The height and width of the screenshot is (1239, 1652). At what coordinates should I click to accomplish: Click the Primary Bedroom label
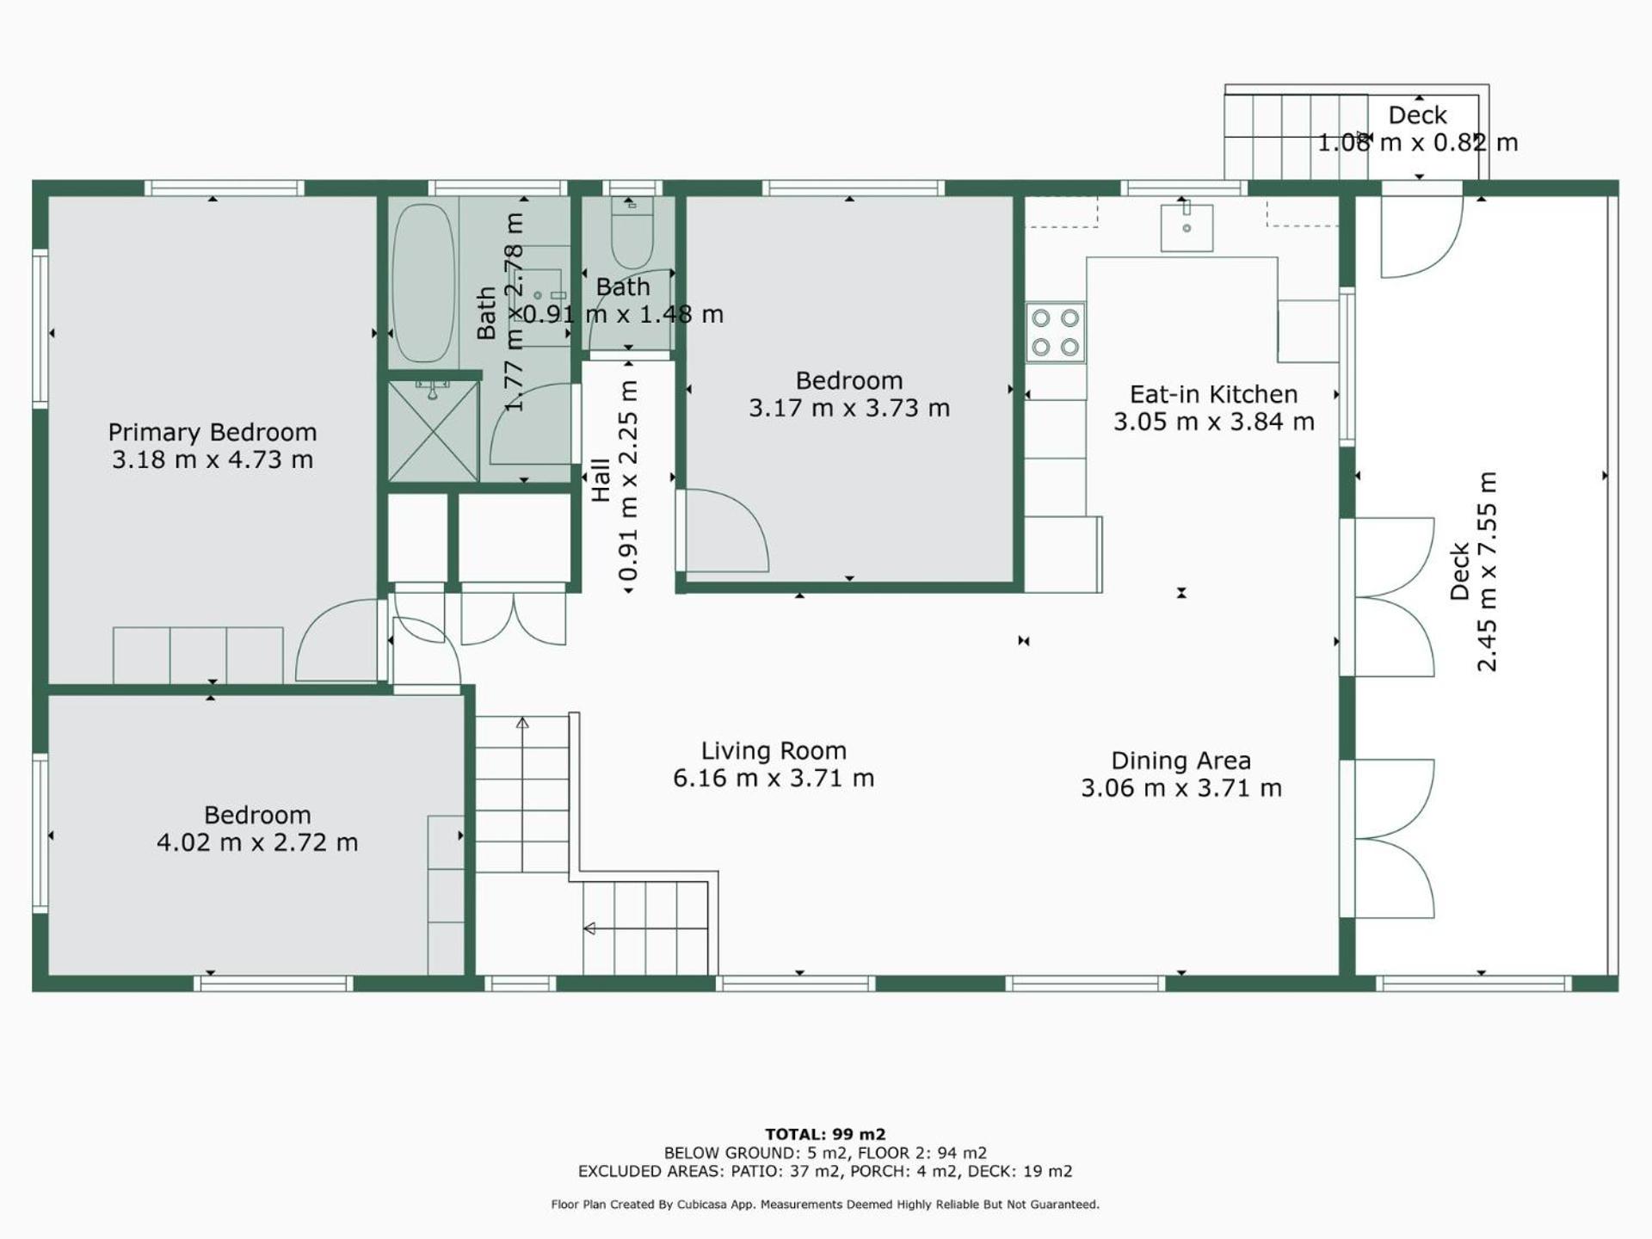pyautogui.click(x=213, y=432)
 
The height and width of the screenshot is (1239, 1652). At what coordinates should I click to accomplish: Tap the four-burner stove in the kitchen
pyautogui.click(x=1055, y=332)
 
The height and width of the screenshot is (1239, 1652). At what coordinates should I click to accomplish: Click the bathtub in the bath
pyautogui.click(x=422, y=282)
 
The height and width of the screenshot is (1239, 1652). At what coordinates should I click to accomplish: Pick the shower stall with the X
pyautogui.click(x=433, y=430)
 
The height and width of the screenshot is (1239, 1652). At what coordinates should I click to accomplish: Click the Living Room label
pyautogui.click(x=774, y=751)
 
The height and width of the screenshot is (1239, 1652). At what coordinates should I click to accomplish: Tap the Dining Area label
pyautogui.click(x=1180, y=761)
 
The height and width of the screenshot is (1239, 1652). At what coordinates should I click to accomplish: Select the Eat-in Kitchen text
pyautogui.click(x=1213, y=394)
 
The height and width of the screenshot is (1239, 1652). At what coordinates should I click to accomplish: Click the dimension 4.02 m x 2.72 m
pyautogui.click(x=257, y=842)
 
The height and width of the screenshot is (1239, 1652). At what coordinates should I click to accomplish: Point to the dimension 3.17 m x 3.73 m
pyautogui.click(x=849, y=408)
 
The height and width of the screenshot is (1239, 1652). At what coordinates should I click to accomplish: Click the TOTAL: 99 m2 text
pyautogui.click(x=825, y=1134)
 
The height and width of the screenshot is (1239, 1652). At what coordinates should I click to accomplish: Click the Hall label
pyautogui.click(x=601, y=480)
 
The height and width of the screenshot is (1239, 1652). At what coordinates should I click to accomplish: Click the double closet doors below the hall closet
pyautogui.click(x=514, y=618)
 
